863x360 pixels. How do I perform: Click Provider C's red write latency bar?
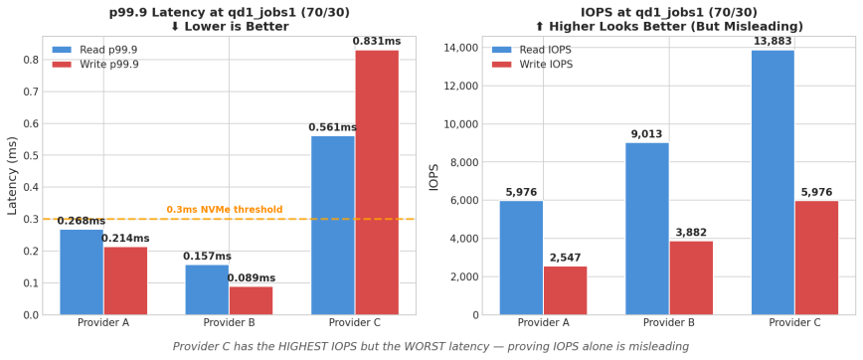pyautogui.click(x=377, y=182)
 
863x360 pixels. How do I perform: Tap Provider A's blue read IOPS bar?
pyautogui.click(x=521, y=258)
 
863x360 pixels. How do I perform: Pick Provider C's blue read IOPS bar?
pyautogui.click(x=773, y=182)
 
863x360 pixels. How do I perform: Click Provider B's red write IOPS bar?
pyautogui.click(x=691, y=277)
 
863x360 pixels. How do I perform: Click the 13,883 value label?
pyautogui.click(x=773, y=40)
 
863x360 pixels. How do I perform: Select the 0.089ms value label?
pyautogui.click(x=252, y=278)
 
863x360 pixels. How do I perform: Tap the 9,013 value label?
pyautogui.click(x=646, y=134)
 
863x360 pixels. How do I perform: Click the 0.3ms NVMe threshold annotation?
pyautogui.click(x=224, y=210)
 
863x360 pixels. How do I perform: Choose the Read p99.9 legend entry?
pyautogui.click(x=99, y=49)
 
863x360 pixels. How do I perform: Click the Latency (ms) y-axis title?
pyautogui.click(x=13, y=176)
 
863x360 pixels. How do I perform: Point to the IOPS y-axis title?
pyautogui.click(x=433, y=177)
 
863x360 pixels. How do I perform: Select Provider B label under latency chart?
pyautogui.click(x=229, y=323)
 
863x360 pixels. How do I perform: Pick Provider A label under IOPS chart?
pyautogui.click(x=543, y=323)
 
